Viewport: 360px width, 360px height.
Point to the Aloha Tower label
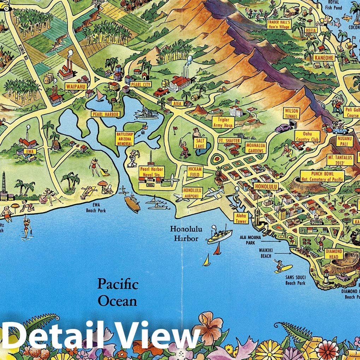(241, 218)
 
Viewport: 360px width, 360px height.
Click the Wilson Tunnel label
(291, 113)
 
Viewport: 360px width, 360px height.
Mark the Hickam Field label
(195, 172)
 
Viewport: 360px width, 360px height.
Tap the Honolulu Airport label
(193, 193)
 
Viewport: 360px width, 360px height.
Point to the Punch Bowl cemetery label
(322, 176)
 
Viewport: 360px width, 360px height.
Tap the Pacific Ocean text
(117, 292)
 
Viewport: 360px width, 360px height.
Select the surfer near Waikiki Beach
(281, 265)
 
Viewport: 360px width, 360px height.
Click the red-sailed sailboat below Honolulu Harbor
(217, 249)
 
